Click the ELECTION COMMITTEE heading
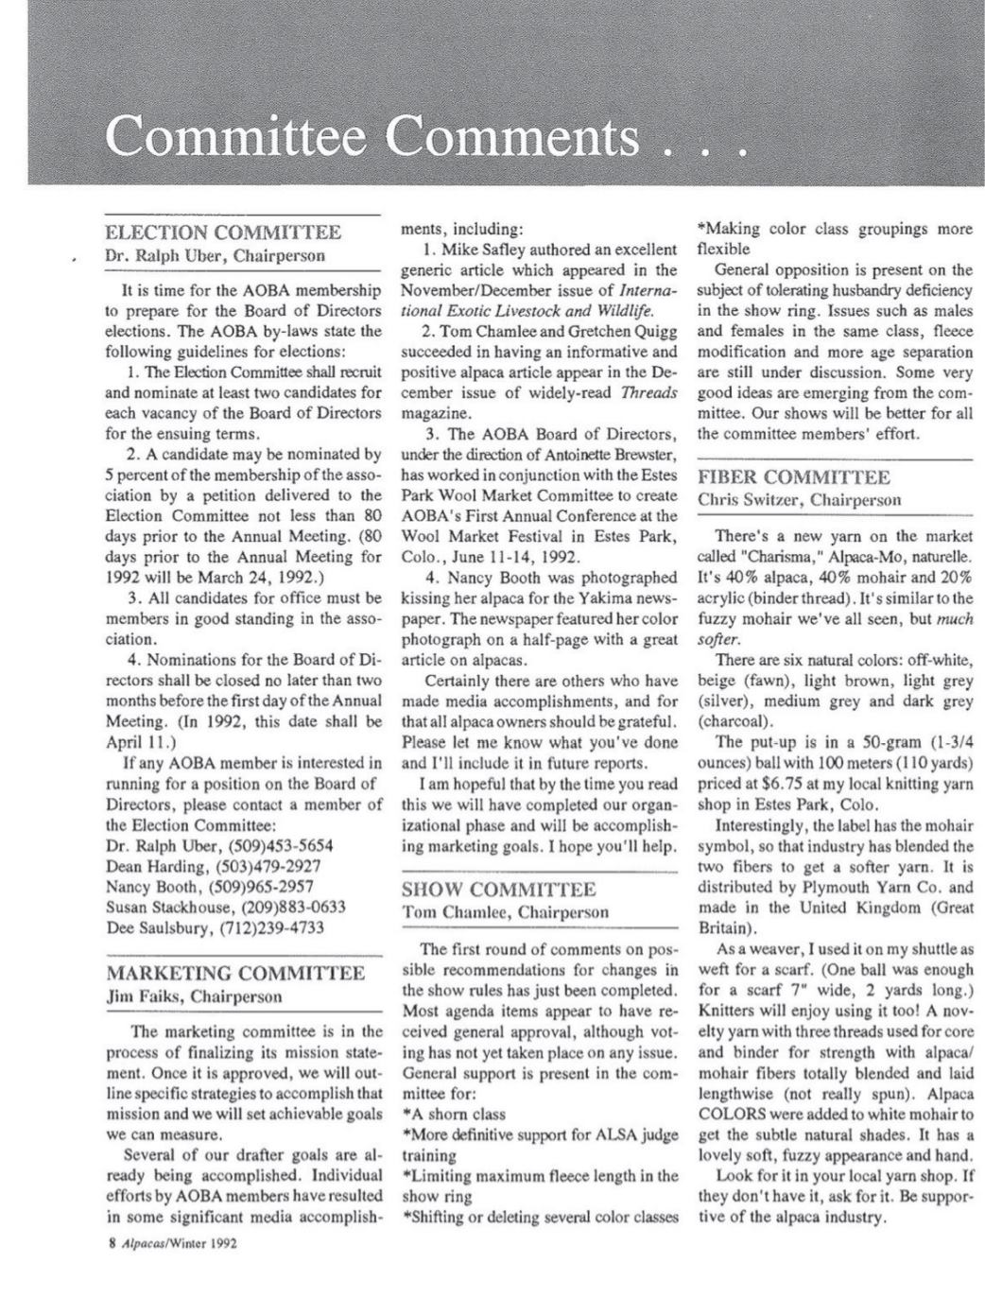(223, 233)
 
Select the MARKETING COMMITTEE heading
(234, 974)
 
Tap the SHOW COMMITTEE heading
(499, 890)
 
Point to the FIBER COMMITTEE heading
(793, 476)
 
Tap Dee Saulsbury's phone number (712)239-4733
(272, 927)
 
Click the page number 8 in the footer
(112, 1243)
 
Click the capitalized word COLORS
(729, 1114)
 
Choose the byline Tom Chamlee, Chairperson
(506, 912)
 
